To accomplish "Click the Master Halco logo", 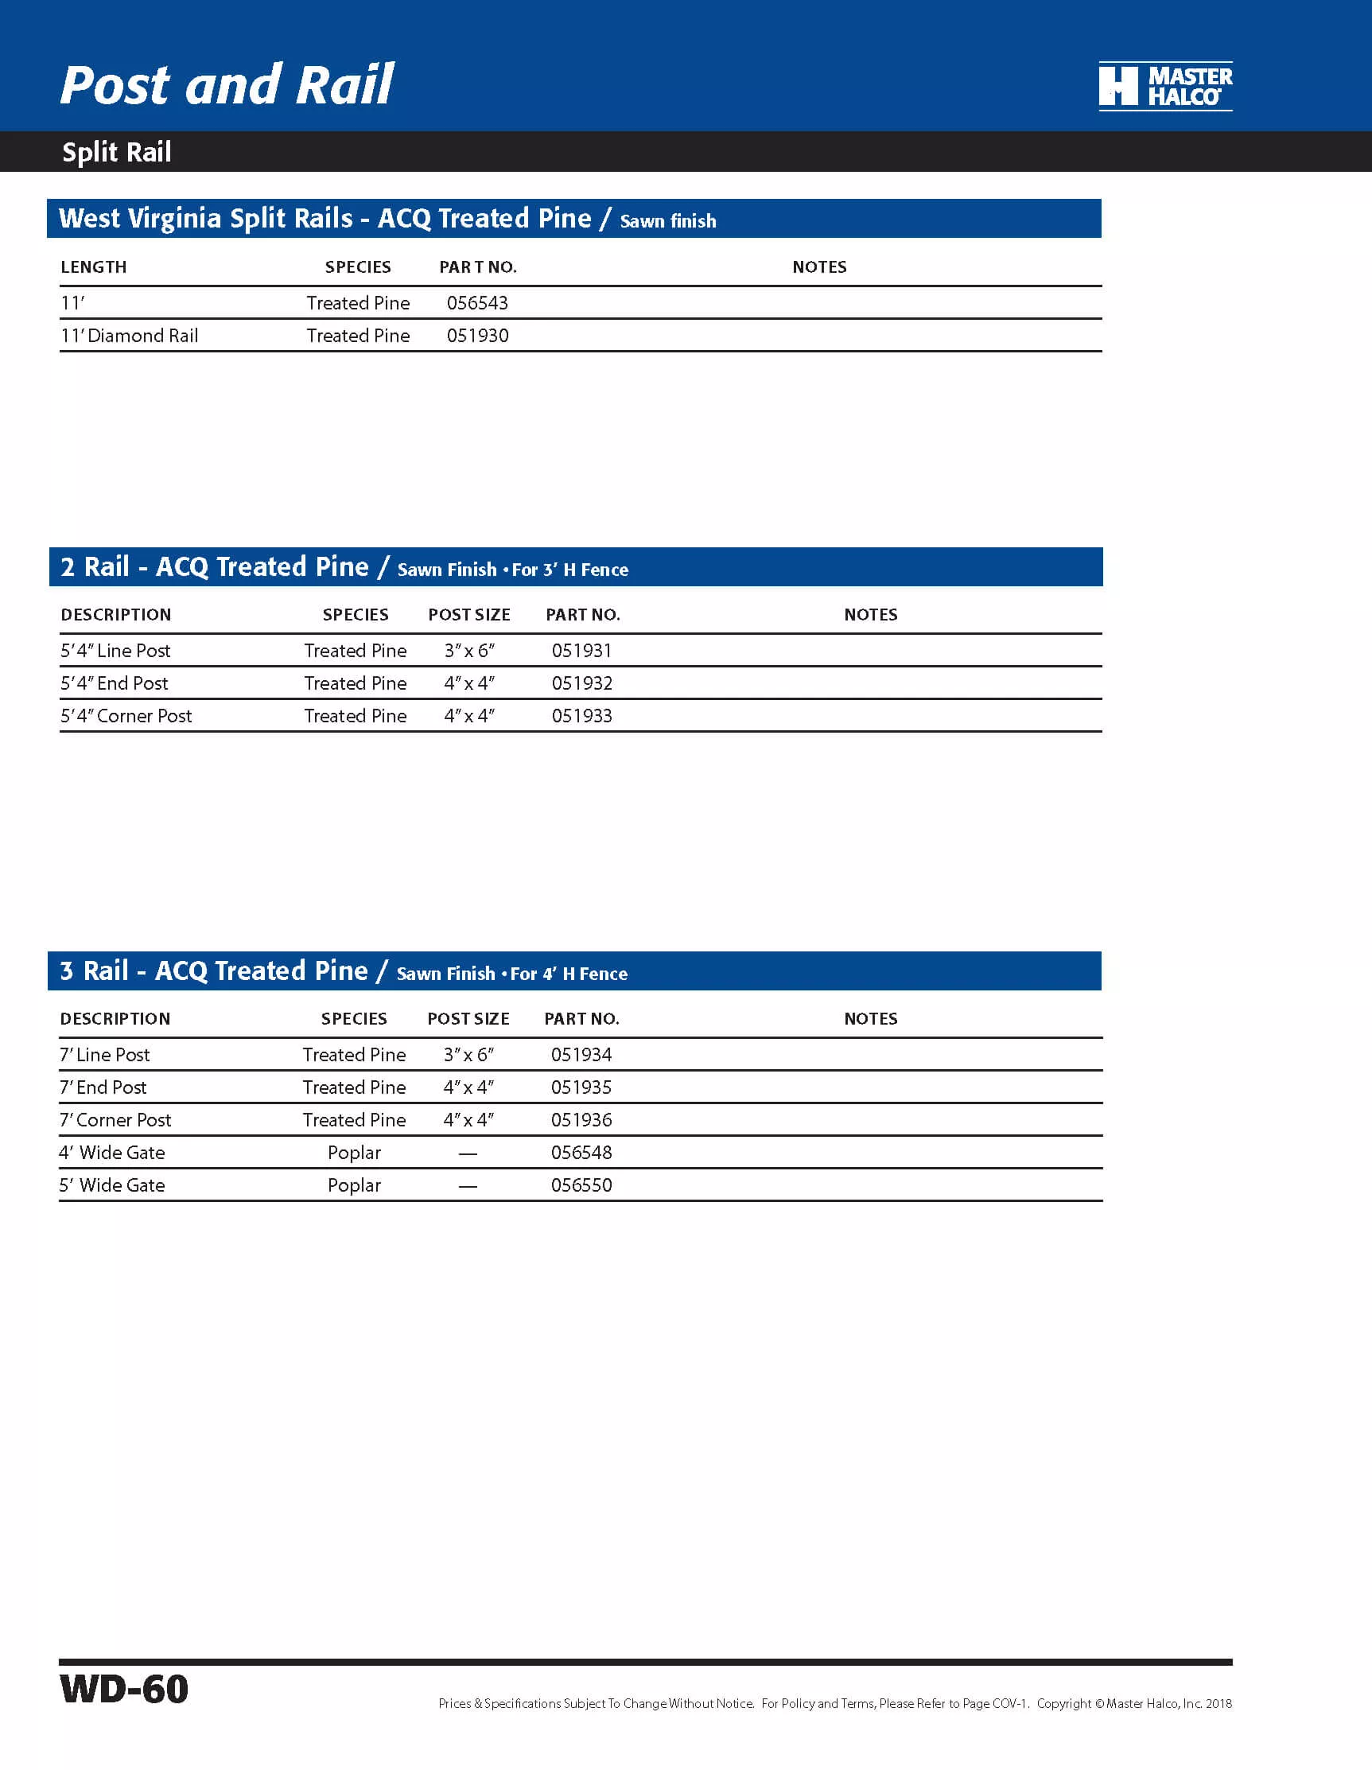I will click(x=1164, y=86).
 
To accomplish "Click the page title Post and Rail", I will click(x=227, y=85).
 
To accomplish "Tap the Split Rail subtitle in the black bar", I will click(x=117, y=153).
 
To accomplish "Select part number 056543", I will click(x=477, y=303).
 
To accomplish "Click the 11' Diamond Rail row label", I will click(x=130, y=336).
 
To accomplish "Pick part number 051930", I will click(x=477, y=336).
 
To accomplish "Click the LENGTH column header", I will click(x=94, y=267).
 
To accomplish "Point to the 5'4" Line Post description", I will click(x=116, y=651).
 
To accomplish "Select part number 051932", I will click(x=582, y=683).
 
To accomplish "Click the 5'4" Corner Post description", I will click(x=126, y=716).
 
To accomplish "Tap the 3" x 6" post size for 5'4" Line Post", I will click(x=469, y=651).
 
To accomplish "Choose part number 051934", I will click(x=581, y=1054).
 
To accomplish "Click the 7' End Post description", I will click(x=103, y=1087).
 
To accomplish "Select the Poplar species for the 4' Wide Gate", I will click(x=354, y=1153).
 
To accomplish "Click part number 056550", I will click(x=581, y=1185).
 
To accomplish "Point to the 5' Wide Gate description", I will click(x=112, y=1185).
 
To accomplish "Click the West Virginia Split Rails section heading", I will click(x=325, y=219).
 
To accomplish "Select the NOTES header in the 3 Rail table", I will click(x=870, y=1019).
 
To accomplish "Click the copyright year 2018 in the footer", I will click(x=1218, y=1703).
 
